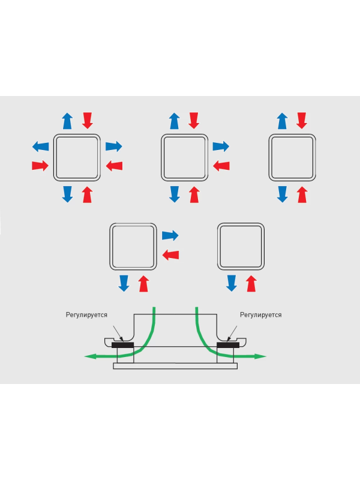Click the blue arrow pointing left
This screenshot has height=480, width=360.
[x=40, y=146]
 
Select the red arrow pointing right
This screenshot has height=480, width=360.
[x=40, y=165]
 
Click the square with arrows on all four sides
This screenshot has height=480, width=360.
[x=76, y=157]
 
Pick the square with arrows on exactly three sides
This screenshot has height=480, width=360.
[x=184, y=157]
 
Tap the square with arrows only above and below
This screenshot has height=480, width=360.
[x=292, y=157]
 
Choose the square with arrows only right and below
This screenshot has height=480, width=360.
[x=133, y=247]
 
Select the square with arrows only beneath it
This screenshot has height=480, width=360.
[x=241, y=247]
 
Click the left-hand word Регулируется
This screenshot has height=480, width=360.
[x=86, y=315]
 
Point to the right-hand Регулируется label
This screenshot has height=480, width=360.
[x=260, y=315]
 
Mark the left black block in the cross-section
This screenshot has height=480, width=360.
[x=123, y=346]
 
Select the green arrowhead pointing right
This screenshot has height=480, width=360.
[x=261, y=356]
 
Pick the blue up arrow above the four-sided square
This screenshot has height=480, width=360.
[x=68, y=121]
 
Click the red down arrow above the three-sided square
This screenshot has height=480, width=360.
[x=193, y=121]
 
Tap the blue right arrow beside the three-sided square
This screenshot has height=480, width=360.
[x=221, y=146]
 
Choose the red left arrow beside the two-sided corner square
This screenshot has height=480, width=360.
[x=170, y=254]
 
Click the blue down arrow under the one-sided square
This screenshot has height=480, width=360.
[x=231, y=283]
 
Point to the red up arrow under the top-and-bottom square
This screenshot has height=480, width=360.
[x=302, y=194]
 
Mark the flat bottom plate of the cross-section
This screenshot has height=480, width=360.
[x=175, y=366]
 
